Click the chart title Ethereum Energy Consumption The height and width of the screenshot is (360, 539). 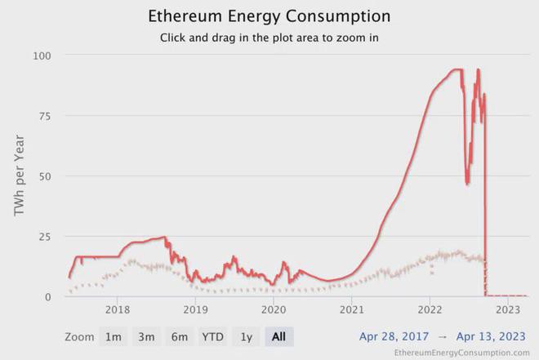point(269,16)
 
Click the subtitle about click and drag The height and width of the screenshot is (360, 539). point(269,38)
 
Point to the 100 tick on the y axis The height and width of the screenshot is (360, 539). point(42,56)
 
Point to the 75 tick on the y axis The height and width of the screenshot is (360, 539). point(45,116)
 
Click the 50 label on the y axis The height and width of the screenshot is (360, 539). point(45,176)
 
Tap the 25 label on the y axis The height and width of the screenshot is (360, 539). point(45,237)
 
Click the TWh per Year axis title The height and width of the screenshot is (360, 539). point(20,176)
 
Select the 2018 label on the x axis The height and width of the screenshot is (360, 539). point(118,310)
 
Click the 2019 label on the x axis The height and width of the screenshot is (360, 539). point(195,310)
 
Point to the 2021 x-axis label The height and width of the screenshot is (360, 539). point(352,310)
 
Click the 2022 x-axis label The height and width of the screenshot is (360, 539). point(430,310)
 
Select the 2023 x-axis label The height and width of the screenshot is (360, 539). point(508,310)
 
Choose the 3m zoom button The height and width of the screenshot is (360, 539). point(147,336)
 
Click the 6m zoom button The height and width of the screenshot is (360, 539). point(180,336)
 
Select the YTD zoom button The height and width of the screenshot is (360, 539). point(213,336)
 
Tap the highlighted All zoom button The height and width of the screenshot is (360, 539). point(279,336)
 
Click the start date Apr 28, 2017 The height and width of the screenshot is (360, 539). point(394,336)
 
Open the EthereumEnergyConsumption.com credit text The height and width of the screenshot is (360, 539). point(461,353)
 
